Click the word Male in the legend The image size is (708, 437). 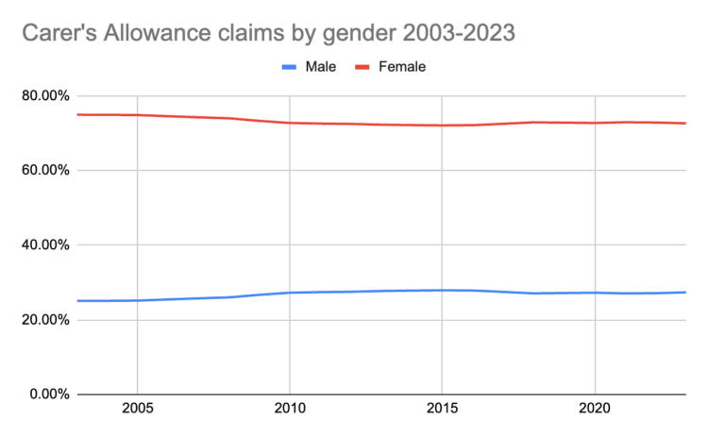[x=321, y=67]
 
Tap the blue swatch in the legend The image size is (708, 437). [x=290, y=67]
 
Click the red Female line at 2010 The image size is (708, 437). [x=290, y=123]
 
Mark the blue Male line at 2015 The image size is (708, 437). [x=443, y=290]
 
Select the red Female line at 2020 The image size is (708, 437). [x=595, y=123]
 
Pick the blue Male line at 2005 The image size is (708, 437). [x=138, y=300]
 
